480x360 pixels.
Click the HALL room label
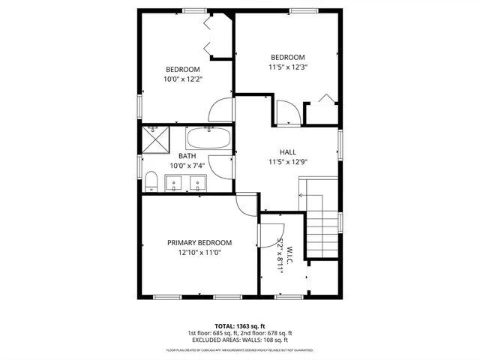tap(288, 151)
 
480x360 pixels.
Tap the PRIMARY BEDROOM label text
tap(199, 243)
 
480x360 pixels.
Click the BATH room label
tap(187, 156)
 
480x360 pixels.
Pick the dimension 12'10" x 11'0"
tap(199, 253)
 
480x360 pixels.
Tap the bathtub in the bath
tap(209, 138)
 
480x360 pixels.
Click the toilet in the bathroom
tap(150, 181)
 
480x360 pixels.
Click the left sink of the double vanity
tap(174, 182)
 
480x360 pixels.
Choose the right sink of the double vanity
tap(198, 182)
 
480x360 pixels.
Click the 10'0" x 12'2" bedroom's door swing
tap(222, 111)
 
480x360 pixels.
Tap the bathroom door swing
tap(222, 166)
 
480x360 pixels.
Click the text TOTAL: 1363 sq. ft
tap(239, 326)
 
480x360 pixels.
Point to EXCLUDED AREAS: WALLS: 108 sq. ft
tap(239, 340)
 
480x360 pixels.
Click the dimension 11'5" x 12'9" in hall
tap(288, 161)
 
